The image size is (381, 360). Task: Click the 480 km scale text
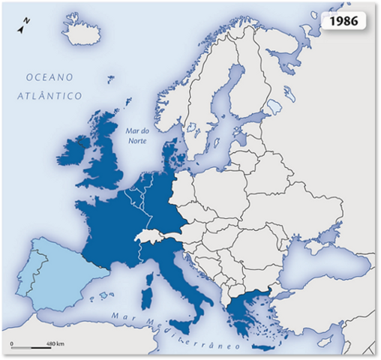point(55,343)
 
